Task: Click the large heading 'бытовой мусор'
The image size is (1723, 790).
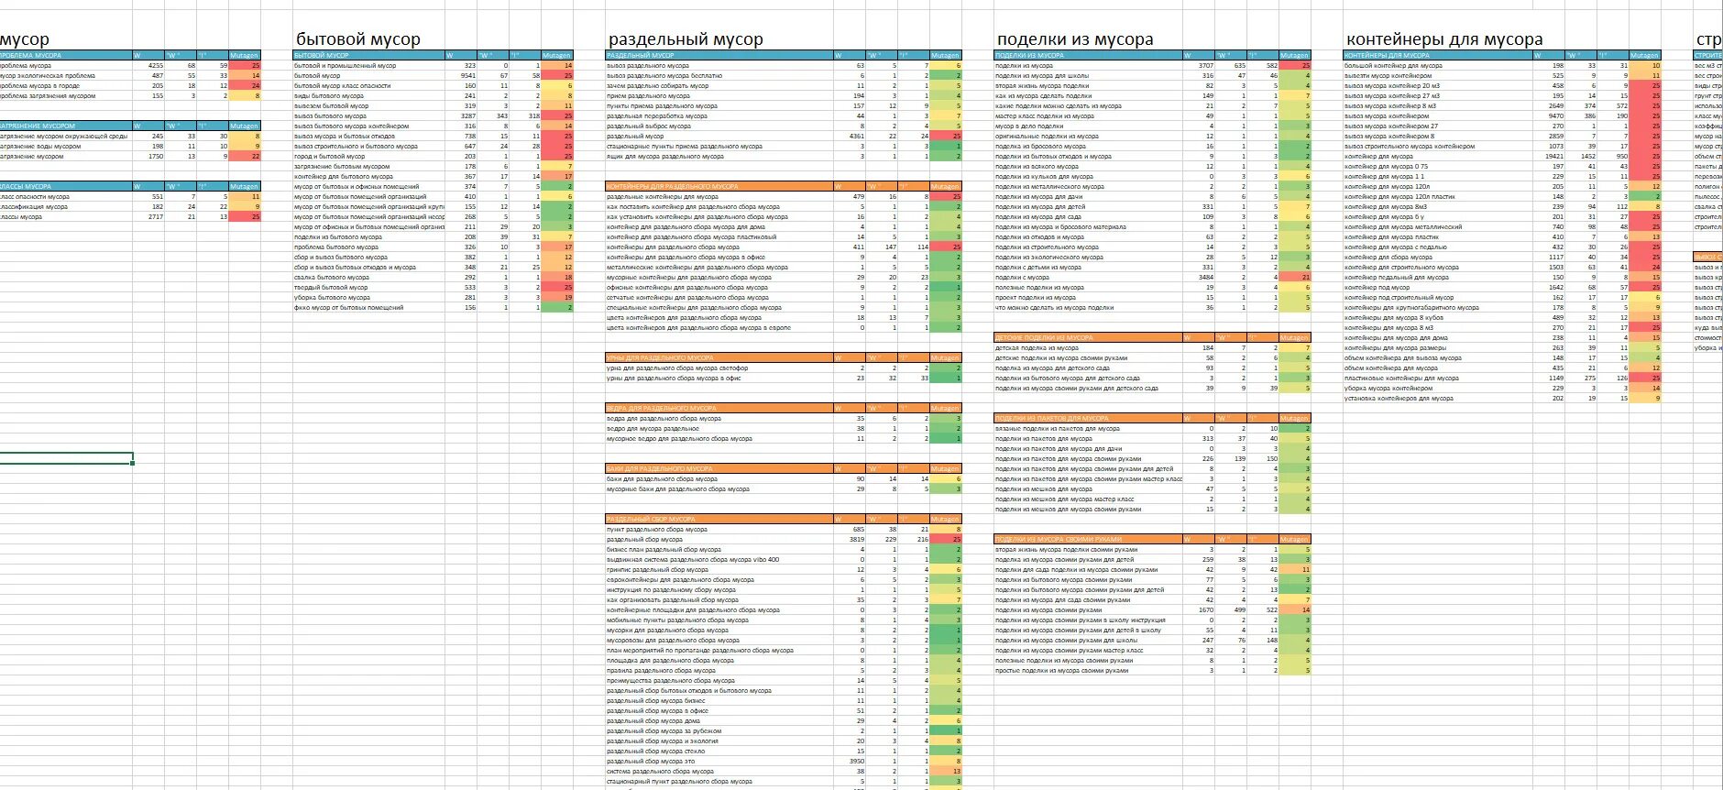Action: (x=357, y=39)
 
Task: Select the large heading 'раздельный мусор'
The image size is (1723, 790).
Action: (x=685, y=39)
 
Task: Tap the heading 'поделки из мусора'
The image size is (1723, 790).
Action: (x=1074, y=39)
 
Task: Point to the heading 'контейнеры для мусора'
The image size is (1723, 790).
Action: (x=1443, y=39)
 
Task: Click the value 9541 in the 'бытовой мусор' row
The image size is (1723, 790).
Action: (x=467, y=76)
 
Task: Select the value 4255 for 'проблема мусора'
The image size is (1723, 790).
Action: (x=155, y=66)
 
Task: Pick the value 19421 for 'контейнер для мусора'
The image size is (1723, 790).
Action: (x=1553, y=157)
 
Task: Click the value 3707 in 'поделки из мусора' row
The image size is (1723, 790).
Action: (x=1205, y=66)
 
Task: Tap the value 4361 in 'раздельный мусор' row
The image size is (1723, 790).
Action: (x=856, y=137)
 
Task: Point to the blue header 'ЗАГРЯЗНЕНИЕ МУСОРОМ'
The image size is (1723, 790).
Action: (x=37, y=126)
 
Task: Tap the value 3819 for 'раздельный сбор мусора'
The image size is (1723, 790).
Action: (x=856, y=540)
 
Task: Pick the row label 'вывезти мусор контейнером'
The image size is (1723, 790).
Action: (x=1388, y=76)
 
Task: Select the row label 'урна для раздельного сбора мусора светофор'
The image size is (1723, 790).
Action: (x=676, y=368)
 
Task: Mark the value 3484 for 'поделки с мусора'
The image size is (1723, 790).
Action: (x=1205, y=278)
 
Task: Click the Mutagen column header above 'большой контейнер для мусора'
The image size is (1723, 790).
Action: (x=1644, y=56)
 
